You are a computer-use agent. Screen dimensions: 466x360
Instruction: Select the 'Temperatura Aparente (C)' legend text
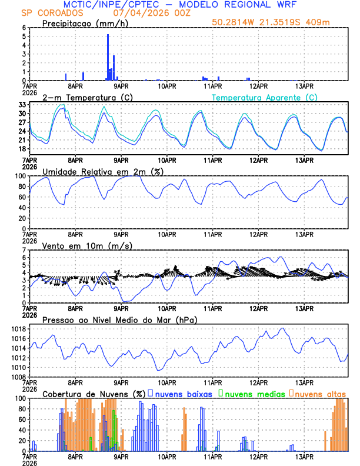coord(265,97)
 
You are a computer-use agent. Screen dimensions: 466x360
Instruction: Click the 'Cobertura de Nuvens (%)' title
coord(94,394)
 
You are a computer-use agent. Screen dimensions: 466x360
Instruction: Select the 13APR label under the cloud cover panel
coord(304,457)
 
